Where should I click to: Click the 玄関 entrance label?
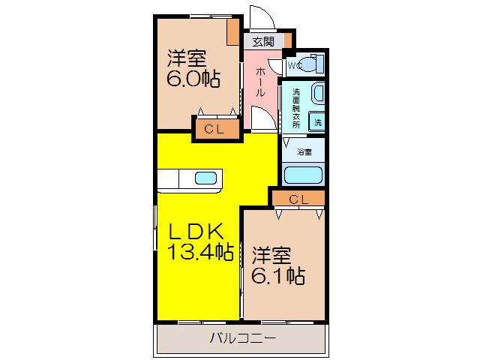point(262,41)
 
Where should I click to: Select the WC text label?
point(292,65)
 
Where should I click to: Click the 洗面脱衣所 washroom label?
point(296,109)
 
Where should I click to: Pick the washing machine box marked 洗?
point(317,122)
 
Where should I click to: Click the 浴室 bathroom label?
point(304,152)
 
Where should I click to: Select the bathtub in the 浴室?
point(303,175)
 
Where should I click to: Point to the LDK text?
point(193,231)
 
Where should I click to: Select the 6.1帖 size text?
point(277,276)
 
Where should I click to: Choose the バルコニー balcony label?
point(241,338)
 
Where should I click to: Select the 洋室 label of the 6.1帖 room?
point(271,253)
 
